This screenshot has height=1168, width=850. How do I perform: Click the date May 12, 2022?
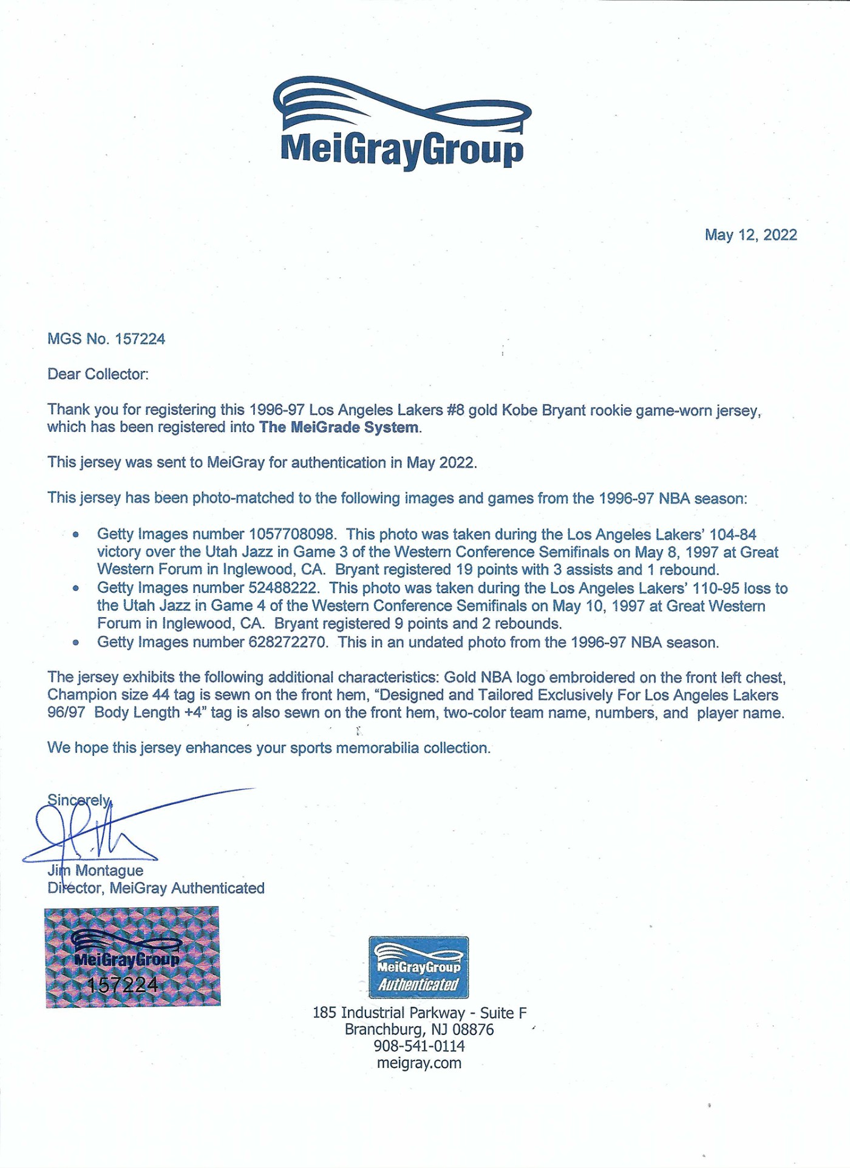click(750, 235)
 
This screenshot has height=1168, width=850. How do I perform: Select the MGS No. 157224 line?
click(106, 339)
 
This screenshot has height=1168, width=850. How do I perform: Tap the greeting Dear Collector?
click(98, 374)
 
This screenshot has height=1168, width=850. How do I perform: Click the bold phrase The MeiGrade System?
click(339, 427)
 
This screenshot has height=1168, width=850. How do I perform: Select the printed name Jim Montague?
click(96, 871)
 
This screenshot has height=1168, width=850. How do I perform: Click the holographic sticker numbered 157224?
click(132, 957)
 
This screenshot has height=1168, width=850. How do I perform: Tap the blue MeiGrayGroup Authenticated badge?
click(418, 967)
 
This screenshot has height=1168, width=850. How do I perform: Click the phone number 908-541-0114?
click(419, 1046)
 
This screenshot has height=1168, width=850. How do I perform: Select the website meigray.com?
click(419, 1063)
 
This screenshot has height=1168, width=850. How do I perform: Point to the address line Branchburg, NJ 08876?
click(419, 1030)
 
